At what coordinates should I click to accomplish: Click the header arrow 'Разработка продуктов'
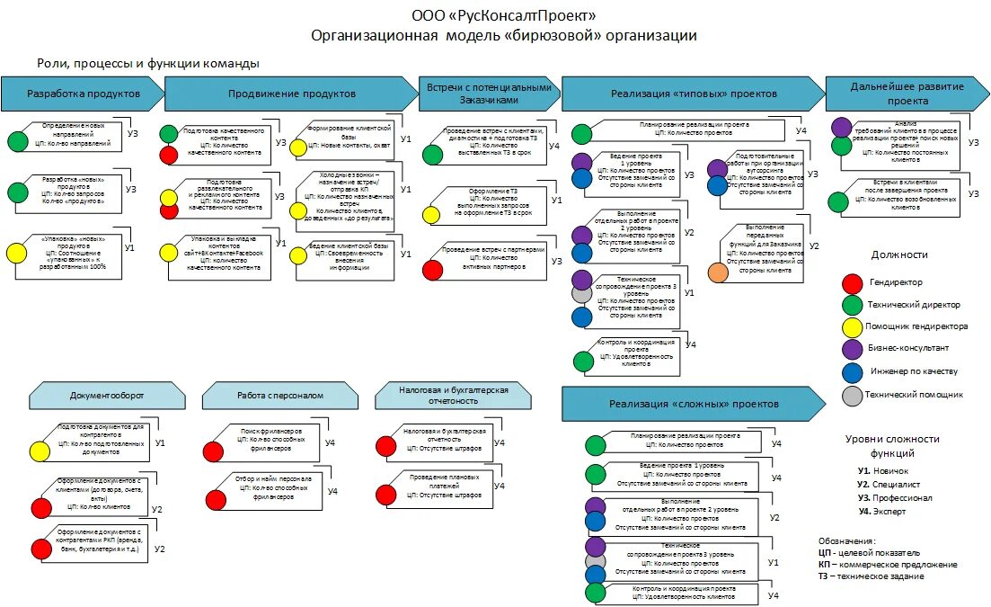tap(83, 94)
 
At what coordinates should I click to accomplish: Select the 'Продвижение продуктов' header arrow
tap(291, 94)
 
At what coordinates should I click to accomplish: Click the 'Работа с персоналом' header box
tap(279, 395)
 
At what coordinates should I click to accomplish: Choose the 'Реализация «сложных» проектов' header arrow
tap(693, 405)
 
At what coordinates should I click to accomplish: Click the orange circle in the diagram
tap(718, 272)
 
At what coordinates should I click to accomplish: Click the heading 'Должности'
tap(899, 254)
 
